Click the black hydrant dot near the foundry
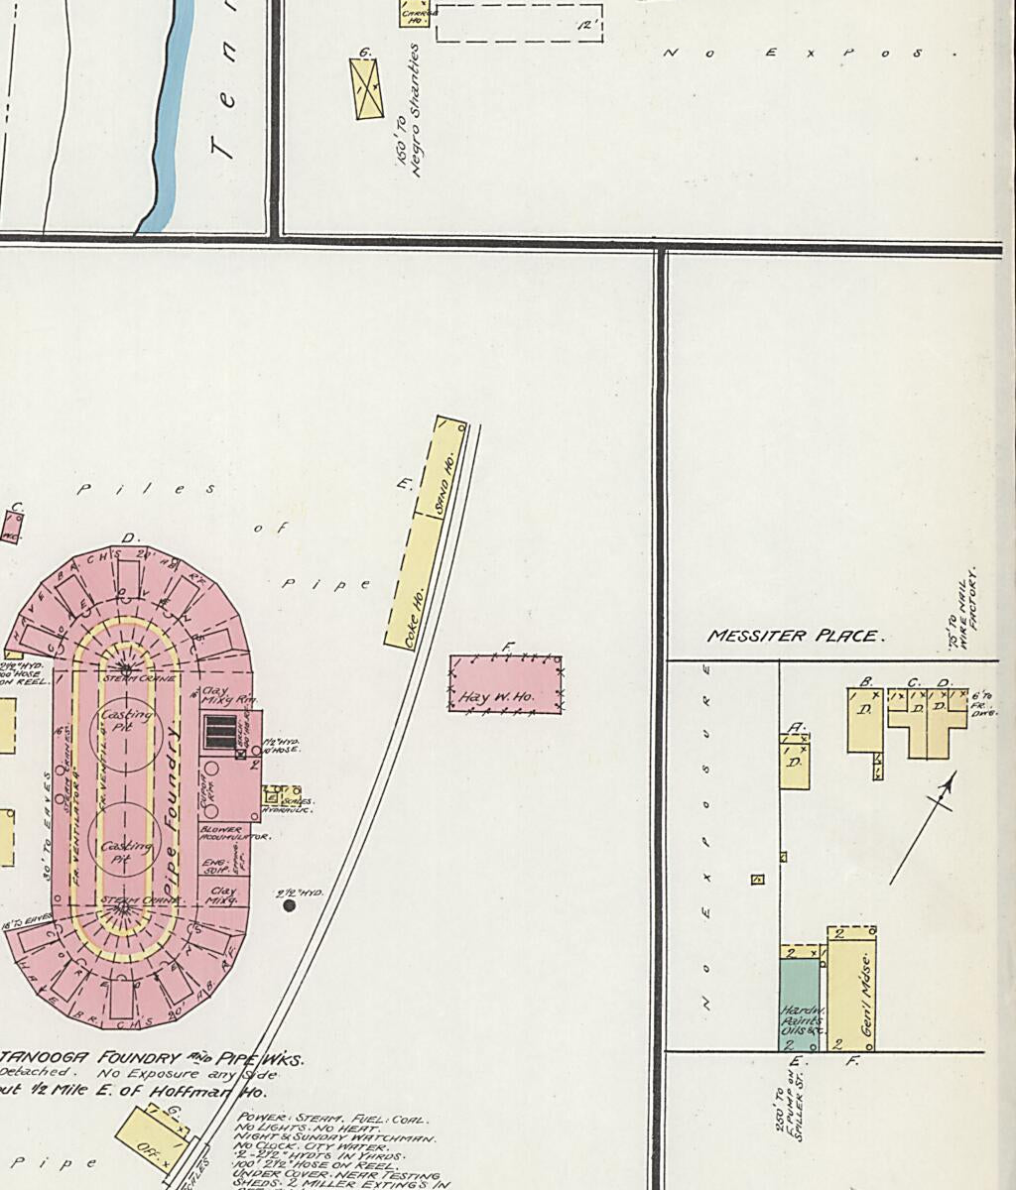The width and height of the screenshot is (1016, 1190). pos(290,904)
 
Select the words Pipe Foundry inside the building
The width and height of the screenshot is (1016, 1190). pos(172,804)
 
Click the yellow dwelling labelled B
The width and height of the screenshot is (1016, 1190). pos(864,718)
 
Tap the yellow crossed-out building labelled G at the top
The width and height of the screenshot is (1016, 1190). pos(367,88)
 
